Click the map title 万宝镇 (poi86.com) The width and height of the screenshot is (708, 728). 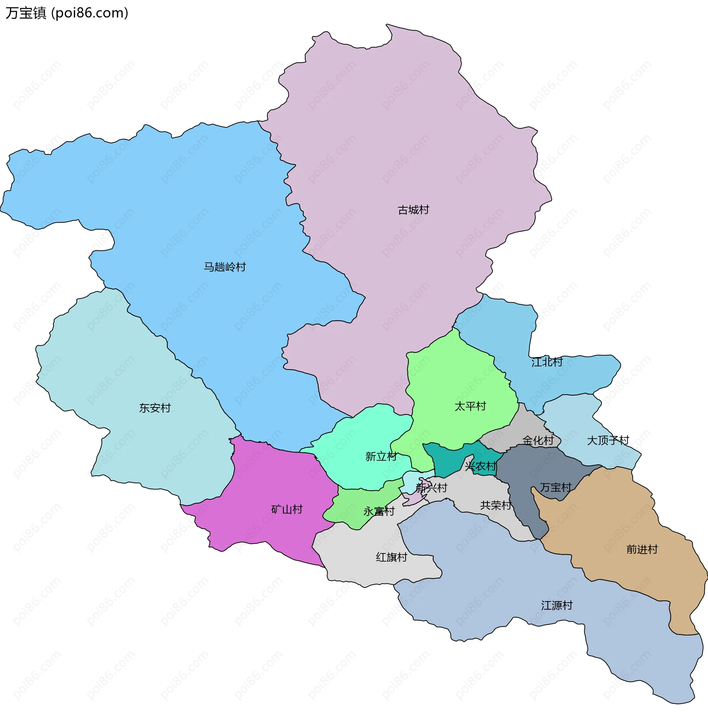pyautogui.click(x=67, y=13)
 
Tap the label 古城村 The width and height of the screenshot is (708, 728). pyautogui.click(x=413, y=210)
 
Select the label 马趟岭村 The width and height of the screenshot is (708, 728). pyautogui.click(x=225, y=267)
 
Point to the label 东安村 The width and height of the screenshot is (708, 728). pyautogui.click(x=155, y=408)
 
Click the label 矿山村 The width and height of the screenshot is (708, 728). pyautogui.click(x=287, y=509)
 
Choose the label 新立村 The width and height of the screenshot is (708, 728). pyautogui.click(x=381, y=456)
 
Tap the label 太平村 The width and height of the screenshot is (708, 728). pyautogui.click(x=470, y=406)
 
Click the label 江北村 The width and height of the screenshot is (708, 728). pyautogui.click(x=546, y=362)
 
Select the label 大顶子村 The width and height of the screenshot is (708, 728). pyautogui.click(x=608, y=441)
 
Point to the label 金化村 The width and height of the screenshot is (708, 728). pyautogui.click(x=538, y=441)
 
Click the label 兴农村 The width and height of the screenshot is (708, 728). pyautogui.click(x=480, y=466)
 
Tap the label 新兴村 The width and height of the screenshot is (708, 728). pyautogui.click(x=431, y=488)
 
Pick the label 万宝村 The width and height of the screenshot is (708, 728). pyautogui.click(x=555, y=488)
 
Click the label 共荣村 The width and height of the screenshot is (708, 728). pyautogui.click(x=496, y=505)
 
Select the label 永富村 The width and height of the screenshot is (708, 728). pyautogui.click(x=379, y=512)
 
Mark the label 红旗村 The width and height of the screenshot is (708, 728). pyautogui.click(x=391, y=557)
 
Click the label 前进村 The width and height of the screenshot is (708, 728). pyautogui.click(x=642, y=550)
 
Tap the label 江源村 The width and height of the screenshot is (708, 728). pyautogui.click(x=556, y=606)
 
